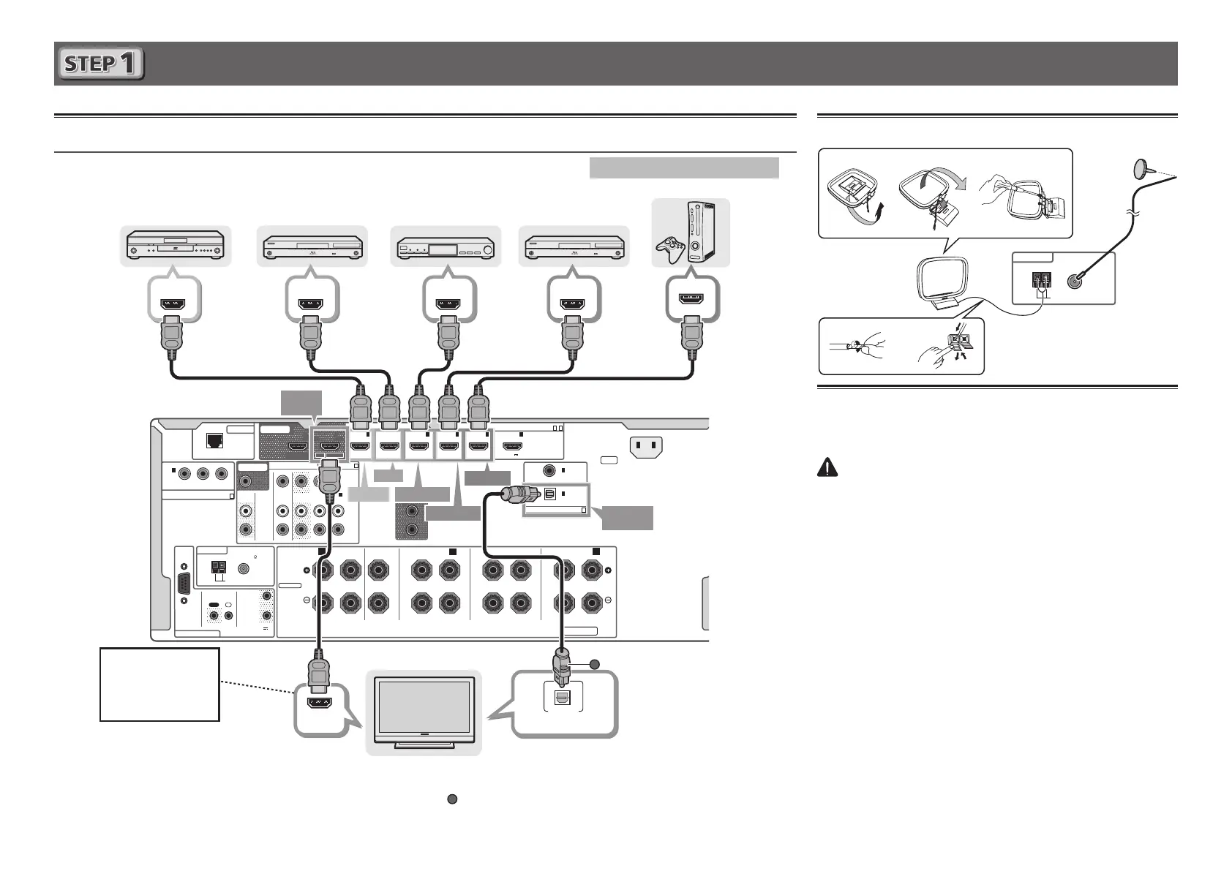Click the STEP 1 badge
pos(100,64)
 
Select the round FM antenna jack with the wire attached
pos(1074,282)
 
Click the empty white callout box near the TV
pos(159,684)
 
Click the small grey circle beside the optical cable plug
pos(595,664)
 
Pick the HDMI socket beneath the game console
pos(692,299)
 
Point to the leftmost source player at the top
pos(176,246)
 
